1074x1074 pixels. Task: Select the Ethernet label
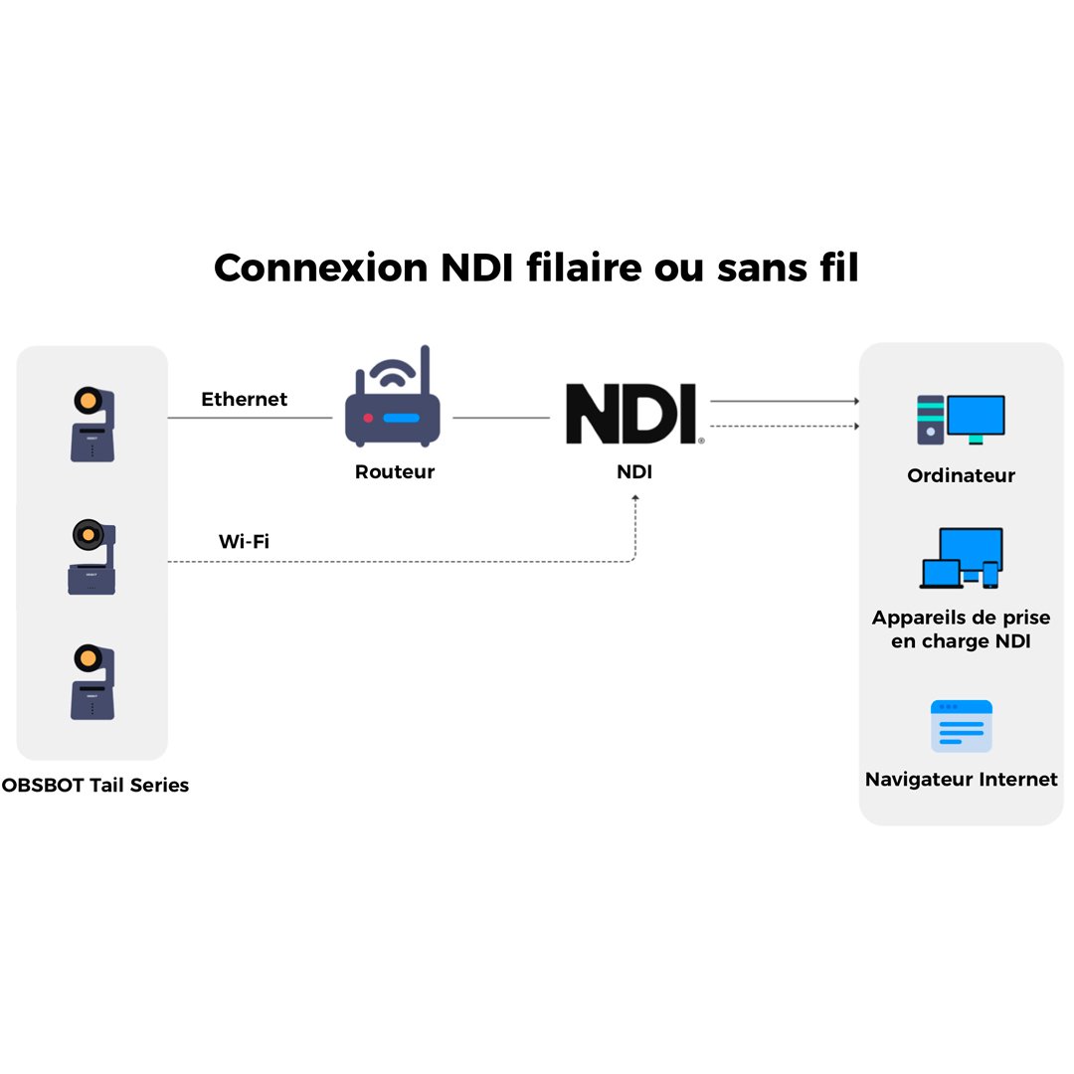[x=244, y=399]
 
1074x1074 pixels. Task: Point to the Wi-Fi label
[x=244, y=541]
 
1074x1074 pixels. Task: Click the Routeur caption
[x=395, y=471]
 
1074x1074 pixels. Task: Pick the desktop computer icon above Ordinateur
[x=961, y=420]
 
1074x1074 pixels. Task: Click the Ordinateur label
[x=961, y=475]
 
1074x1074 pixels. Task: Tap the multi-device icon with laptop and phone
[x=961, y=558]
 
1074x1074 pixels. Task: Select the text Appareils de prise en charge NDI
[x=961, y=628]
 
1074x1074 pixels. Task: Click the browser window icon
[x=961, y=726]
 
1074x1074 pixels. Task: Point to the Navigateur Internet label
[x=961, y=779]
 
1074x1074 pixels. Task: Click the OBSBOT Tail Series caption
[x=95, y=785]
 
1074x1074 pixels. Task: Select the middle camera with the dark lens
[x=91, y=557]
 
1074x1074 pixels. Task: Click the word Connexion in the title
[x=321, y=268]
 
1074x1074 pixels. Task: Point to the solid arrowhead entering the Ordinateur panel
[x=856, y=401]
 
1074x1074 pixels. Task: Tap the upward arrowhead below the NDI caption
[x=634, y=498]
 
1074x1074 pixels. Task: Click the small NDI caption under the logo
[x=634, y=471]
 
